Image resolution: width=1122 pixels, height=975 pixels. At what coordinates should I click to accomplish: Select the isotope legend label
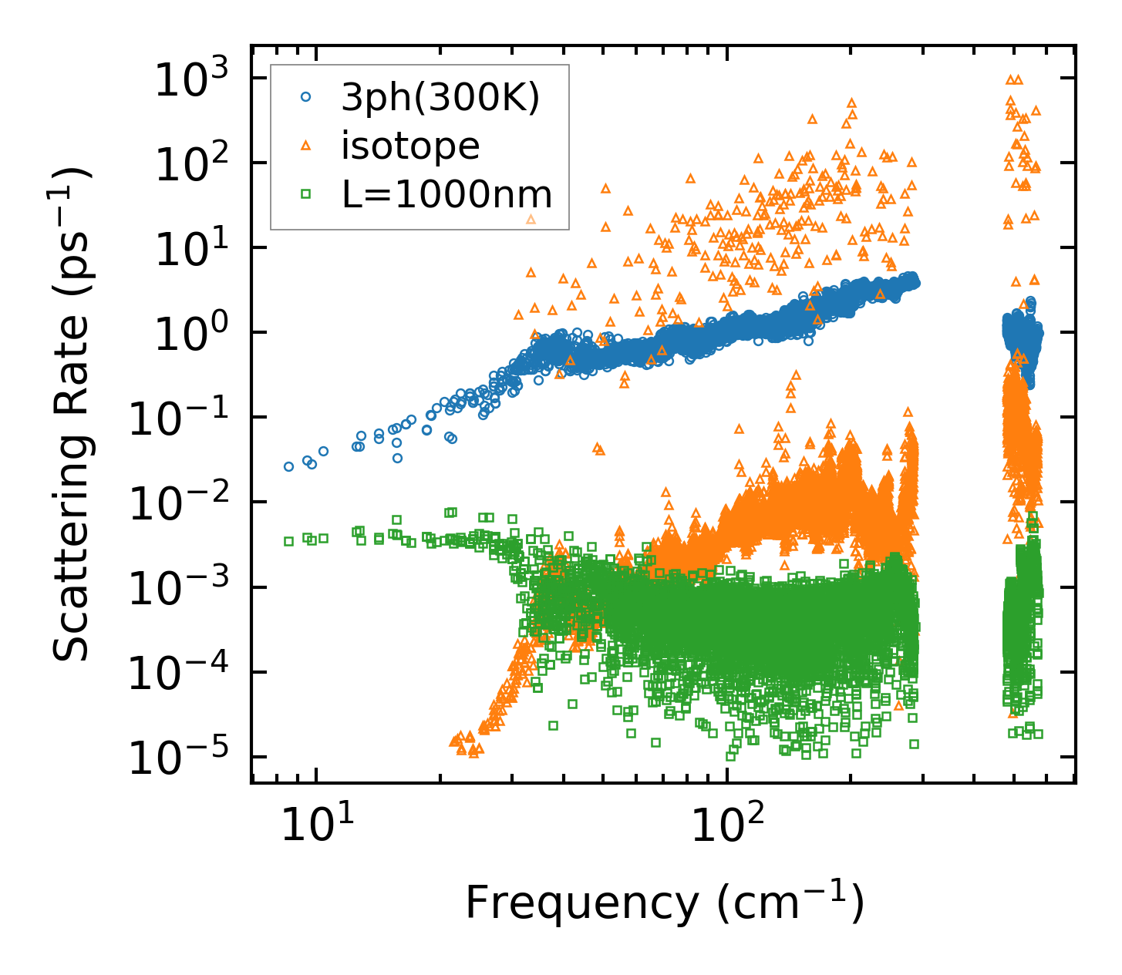410,146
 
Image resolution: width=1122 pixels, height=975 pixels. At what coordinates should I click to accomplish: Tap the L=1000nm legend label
447,194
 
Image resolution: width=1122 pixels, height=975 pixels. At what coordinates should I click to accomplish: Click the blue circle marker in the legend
306,97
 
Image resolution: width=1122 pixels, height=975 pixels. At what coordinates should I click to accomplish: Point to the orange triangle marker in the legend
306,146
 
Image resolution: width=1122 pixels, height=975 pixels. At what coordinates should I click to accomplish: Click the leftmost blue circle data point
288,466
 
